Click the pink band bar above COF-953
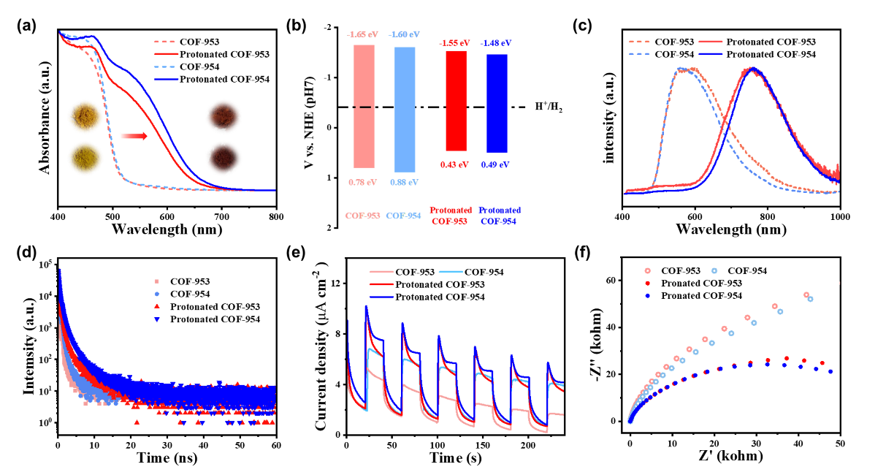[x=364, y=107]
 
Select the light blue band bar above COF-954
[x=405, y=109]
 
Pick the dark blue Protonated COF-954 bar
[x=497, y=103]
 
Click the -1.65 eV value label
[x=363, y=34]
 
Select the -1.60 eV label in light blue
[x=404, y=34]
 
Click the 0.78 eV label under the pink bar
[x=363, y=181]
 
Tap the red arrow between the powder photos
[x=134, y=136]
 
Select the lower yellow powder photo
[x=85, y=158]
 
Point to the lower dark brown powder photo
[x=223, y=156]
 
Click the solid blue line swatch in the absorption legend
[x=167, y=78]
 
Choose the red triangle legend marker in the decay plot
[x=156, y=306]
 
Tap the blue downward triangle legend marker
[x=156, y=319]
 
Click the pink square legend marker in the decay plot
[x=156, y=281]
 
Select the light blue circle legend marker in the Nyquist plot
[x=714, y=271]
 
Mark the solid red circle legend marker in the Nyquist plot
[x=647, y=283]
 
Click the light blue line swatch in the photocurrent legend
[x=451, y=272]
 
